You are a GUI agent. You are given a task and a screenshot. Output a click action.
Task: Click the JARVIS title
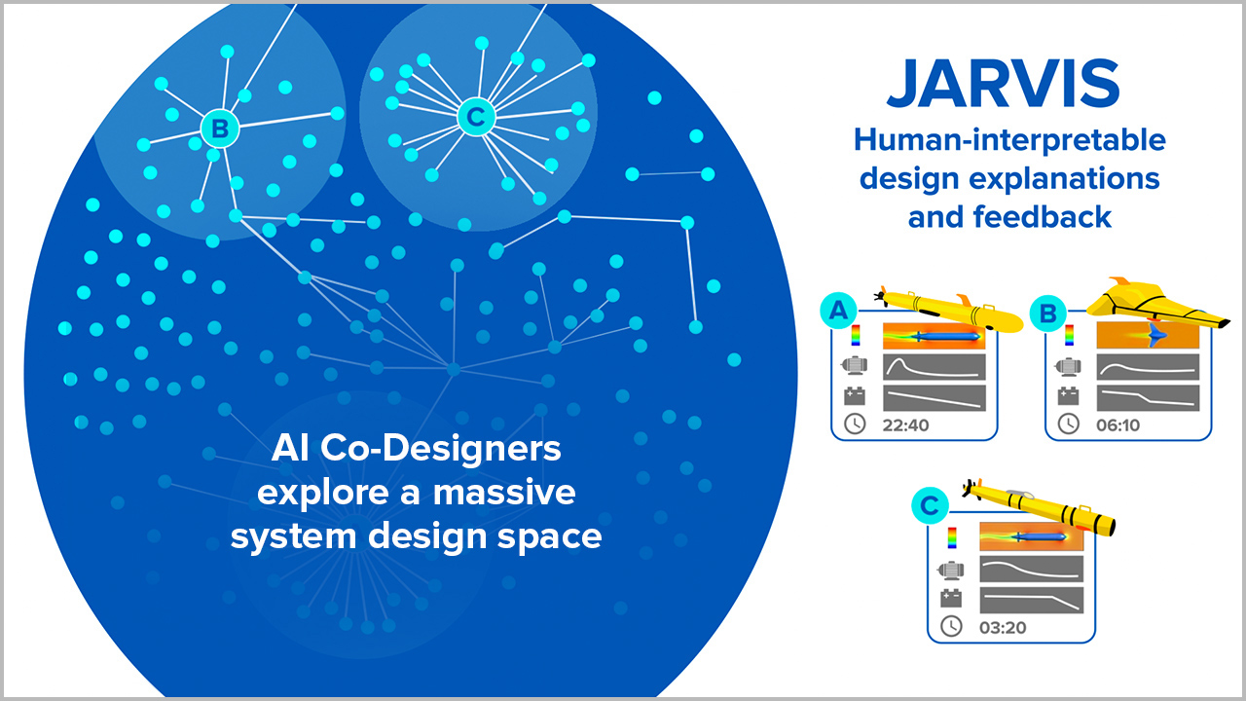point(1003,84)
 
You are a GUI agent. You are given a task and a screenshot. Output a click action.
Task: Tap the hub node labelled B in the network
point(220,129)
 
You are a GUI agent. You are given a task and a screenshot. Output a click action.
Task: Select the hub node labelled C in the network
point(476,117)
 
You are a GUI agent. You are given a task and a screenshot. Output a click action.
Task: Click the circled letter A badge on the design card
point(838,311)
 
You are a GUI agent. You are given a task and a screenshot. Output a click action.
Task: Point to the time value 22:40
point(905,425)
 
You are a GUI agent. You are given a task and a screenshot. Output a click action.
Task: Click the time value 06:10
point(1118,425)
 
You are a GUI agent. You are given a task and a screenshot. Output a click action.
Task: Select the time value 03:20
point(1003,628)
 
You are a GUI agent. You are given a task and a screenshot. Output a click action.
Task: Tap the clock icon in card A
point(855,424)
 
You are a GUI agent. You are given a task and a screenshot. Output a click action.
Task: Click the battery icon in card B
point(1068,395)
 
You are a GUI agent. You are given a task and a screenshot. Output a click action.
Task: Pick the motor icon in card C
point(951,570)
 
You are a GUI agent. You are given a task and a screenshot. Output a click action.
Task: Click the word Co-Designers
point(441,449)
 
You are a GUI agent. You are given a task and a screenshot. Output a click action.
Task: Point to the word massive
point(504,493)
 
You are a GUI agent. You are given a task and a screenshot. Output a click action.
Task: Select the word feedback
point(1042,216)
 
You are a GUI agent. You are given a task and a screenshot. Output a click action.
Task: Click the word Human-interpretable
point(1009,139)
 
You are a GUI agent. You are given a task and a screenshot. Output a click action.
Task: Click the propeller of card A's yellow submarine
point(880,296)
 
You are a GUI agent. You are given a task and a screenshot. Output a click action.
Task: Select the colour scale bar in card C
point(952,538)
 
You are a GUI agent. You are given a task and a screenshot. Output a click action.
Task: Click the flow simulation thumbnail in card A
point(934,336)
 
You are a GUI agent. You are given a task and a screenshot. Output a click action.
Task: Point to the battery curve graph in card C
point(1031,601)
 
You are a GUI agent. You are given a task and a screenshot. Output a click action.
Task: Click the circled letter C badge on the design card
point(930,505)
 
